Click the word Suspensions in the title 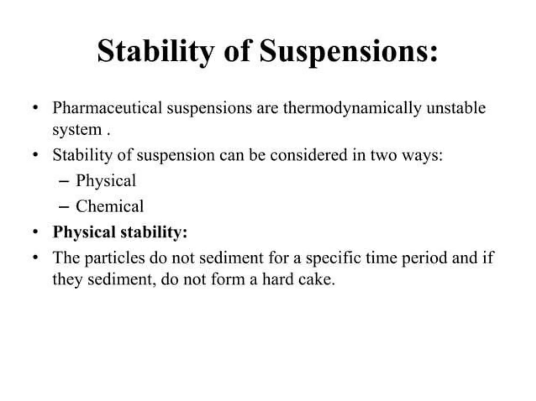[x=348, y=51]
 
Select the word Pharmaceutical [x=107, y=108]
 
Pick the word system [x=77, y=130]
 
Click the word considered [x=308, y=155]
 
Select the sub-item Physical [x=106, y=181]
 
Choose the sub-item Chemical [x=110, y=206]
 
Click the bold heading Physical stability [x=120, y=232]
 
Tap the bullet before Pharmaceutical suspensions [x=35, y=108]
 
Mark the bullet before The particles [x=35, y=257]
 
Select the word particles [x=114, y=258]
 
